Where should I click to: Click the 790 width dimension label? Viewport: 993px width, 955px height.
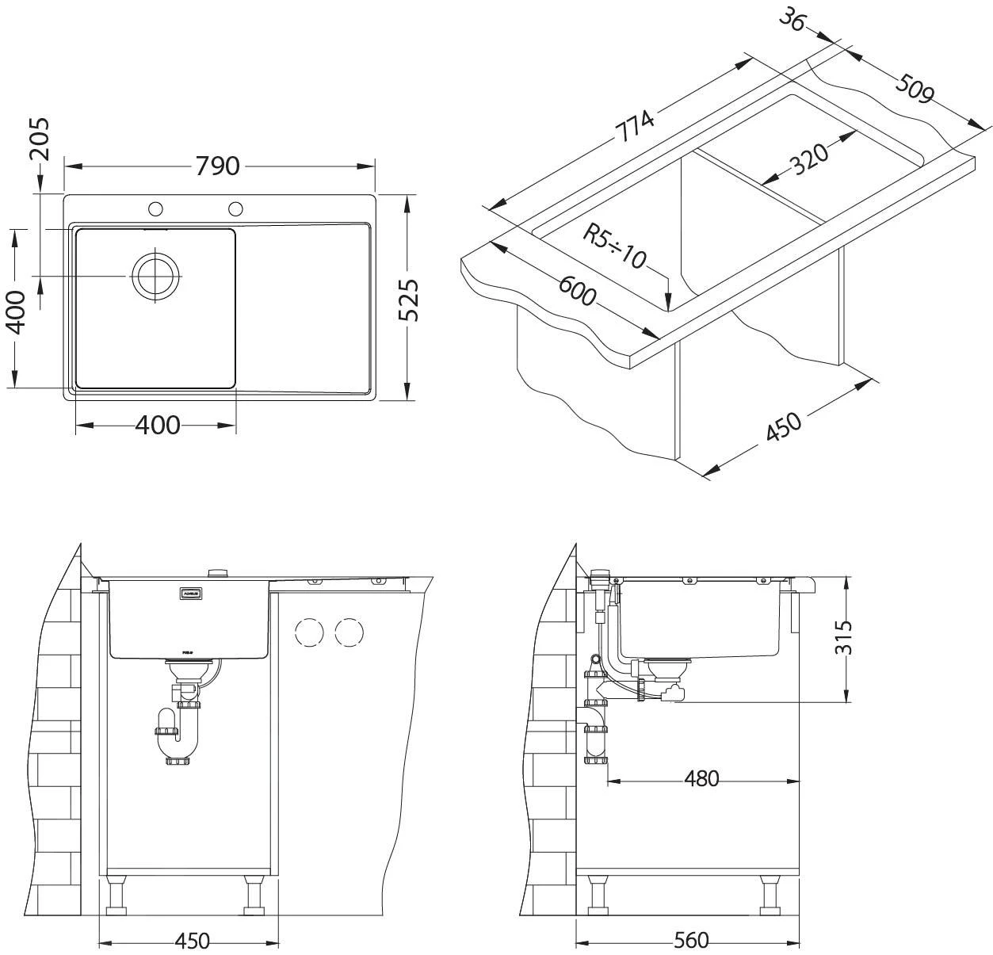[217, 166]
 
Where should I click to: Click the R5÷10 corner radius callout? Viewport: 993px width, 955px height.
[615, 245]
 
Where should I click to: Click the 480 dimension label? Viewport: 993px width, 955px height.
[701, 779]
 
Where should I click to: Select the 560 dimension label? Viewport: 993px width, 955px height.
[691, 941]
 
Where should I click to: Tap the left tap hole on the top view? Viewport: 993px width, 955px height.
[155, 208]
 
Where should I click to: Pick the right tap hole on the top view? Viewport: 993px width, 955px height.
[235, 208]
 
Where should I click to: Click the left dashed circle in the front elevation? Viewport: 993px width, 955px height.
[309, 632]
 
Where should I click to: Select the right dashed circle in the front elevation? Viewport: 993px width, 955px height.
[349, 632]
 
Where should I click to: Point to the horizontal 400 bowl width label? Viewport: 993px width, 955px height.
[158, 426]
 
